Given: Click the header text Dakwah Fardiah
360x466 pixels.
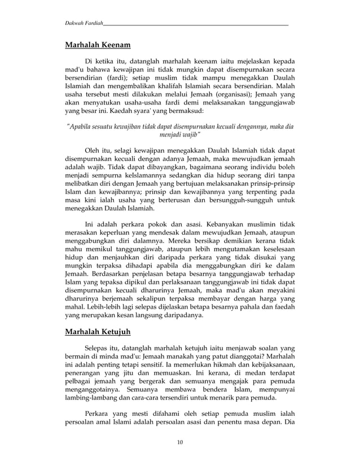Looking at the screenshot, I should [x=84, y=23].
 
